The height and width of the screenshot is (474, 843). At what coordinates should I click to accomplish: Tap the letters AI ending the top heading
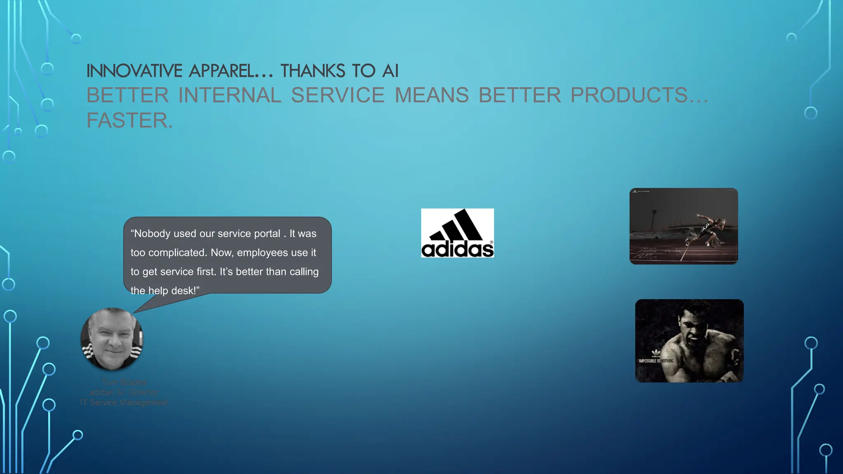point(390,71)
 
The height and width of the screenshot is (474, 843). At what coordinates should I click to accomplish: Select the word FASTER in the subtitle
point(129,121)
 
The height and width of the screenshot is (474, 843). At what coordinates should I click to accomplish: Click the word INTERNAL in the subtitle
point(230,95)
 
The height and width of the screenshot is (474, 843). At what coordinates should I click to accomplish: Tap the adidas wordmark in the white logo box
point(457,249)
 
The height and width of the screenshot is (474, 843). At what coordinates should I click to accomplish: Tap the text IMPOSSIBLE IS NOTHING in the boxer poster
point(656,361)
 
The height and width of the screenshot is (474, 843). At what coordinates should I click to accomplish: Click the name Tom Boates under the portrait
point(124,382)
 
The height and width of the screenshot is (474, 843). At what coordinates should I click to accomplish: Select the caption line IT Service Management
point(124,402)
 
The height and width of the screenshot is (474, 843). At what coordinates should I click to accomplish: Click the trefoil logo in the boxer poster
point(656,353)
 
